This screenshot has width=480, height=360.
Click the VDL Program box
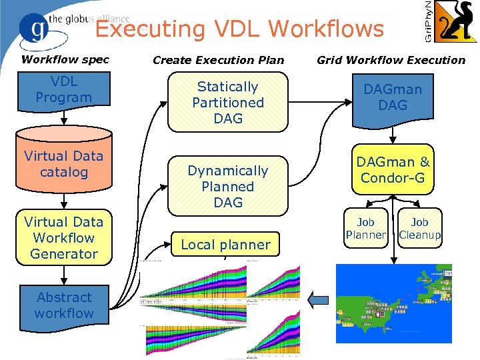pos(64,90)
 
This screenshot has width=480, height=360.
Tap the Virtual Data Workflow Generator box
pos(64,237)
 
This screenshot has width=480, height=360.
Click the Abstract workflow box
pos(64,305)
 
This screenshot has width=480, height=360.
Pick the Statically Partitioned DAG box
pos(227,102)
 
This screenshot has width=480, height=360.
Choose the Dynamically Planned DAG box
pos(227,186)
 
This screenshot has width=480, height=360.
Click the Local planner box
pos(226,244)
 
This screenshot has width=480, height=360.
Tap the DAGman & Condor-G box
pos(393,170)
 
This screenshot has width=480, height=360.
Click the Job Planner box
pos(365,229)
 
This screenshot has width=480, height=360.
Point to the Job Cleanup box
pos(419,229)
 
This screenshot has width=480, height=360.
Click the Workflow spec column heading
pos(65,59)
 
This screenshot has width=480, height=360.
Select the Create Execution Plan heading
pos(218,60)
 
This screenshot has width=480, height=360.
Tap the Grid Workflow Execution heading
pos(391,60)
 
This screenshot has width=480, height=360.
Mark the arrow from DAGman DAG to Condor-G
pos(393,135)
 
